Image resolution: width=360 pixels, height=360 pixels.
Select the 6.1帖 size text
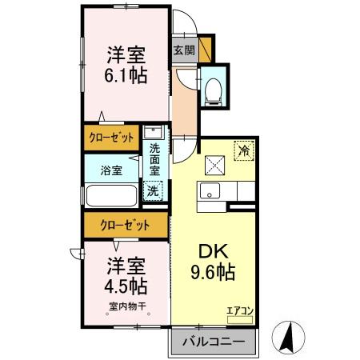pyautogui.click(x=126, y=75)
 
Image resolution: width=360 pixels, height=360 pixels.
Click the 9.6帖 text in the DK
pyautogui.click(x=212, y=272)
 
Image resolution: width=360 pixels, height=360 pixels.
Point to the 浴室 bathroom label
pyautogui.click(x=112, y=170)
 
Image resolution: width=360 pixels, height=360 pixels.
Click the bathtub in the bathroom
pyautogui.click(x=111, y=198)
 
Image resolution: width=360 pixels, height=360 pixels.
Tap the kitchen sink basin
pyautogui.click(x=211, y=191)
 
